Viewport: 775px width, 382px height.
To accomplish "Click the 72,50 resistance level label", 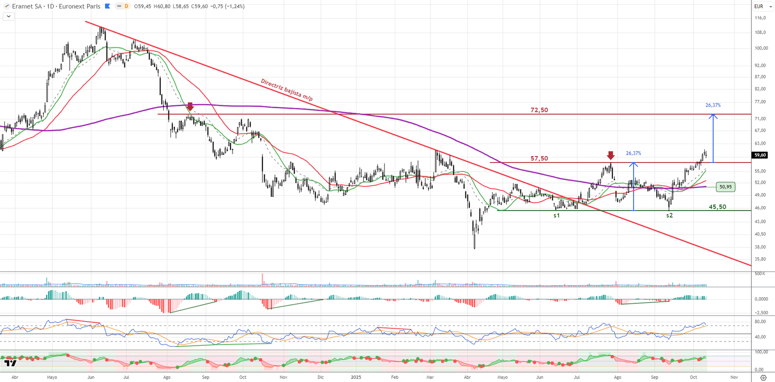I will (539, 110).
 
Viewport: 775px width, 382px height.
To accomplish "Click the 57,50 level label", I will (539, 159).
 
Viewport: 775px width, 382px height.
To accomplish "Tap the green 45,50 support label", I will (717, 207).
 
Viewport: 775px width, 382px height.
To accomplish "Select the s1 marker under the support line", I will (557, 216).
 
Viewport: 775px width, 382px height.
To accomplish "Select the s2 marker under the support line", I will (669, 216).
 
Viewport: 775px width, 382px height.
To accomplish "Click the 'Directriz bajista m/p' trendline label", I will (287, 90).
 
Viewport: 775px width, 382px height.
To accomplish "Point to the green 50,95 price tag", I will (725, 187).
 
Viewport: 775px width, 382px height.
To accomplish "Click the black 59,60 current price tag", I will (760, 155).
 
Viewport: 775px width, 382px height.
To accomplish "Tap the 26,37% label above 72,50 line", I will (713, 105).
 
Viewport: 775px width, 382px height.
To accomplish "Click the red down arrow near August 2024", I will (190, 106).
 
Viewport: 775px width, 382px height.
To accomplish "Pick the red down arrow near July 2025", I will (611, 155).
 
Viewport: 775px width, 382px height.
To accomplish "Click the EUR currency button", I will (759, 6).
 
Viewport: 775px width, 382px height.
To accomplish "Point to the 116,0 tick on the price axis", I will (760, 18).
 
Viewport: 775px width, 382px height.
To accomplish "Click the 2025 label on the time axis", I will (356, 377).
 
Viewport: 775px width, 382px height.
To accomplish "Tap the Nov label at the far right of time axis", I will (734, 377).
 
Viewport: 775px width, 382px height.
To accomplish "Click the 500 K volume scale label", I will (759, 274).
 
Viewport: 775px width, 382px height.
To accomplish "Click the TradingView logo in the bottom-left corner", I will (10, 363).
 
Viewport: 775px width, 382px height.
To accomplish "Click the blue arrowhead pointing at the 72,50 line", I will (713, 116).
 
